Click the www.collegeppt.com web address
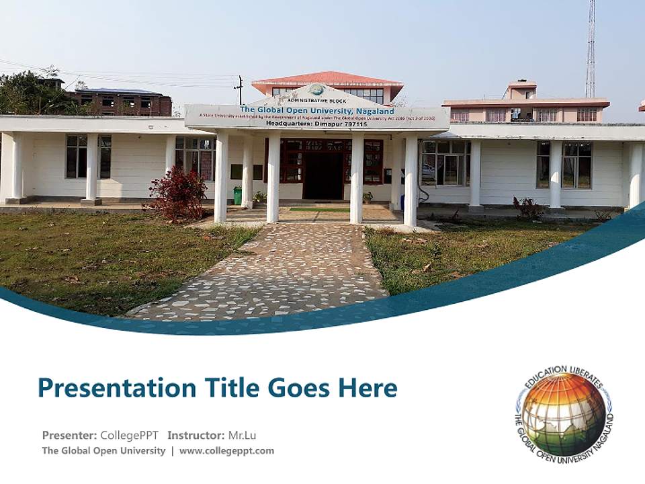pos(226,450)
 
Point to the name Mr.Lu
pos(243,435)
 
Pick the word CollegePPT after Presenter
pos(129,435)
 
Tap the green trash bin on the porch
pos(237,195)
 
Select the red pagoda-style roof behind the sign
pos(327,79)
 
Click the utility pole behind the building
pos(239,89)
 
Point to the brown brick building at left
pos(121,102)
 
